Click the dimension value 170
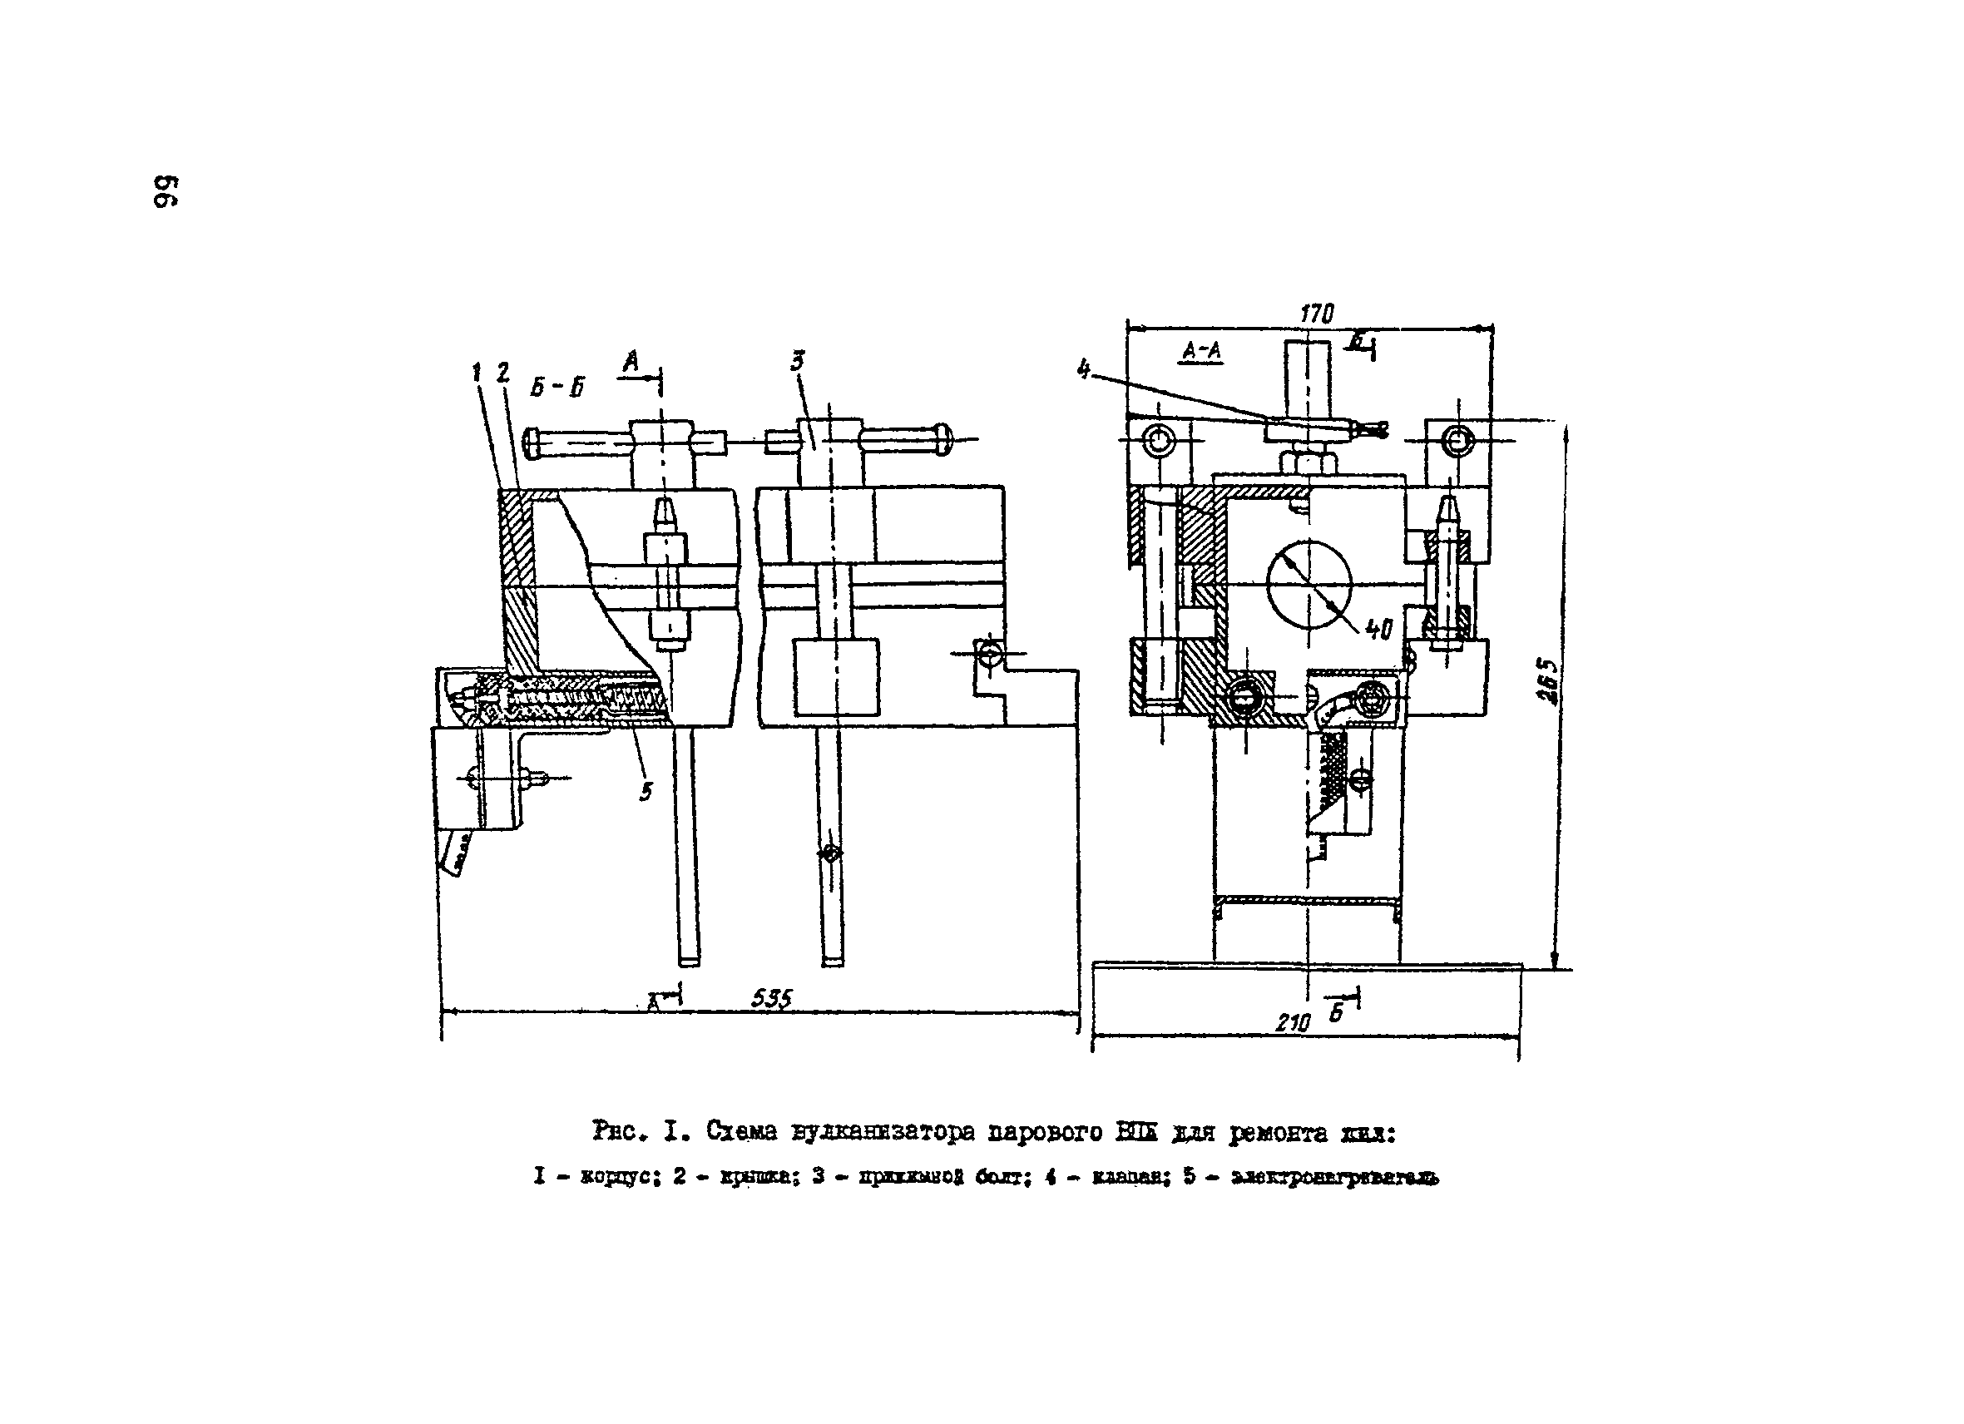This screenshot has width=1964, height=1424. coord(1316,314)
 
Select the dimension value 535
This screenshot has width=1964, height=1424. coord(770,999)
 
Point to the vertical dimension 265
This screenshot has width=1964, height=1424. coord(1547,682)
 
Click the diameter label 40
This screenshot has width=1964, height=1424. coord(1378,630)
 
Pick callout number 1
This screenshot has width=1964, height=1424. coord(477,373)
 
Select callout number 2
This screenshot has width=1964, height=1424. coord(502,373)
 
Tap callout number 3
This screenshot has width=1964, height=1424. coord(798,361)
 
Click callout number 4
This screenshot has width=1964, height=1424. coord(1083,368)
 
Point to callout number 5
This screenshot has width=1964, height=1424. coord(646,790)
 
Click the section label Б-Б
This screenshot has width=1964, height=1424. coord(557,387)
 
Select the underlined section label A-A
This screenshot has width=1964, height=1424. coord(1202,350)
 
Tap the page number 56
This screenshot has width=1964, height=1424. coord(166,191)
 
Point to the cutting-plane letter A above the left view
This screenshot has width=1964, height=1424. coord(631,361)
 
